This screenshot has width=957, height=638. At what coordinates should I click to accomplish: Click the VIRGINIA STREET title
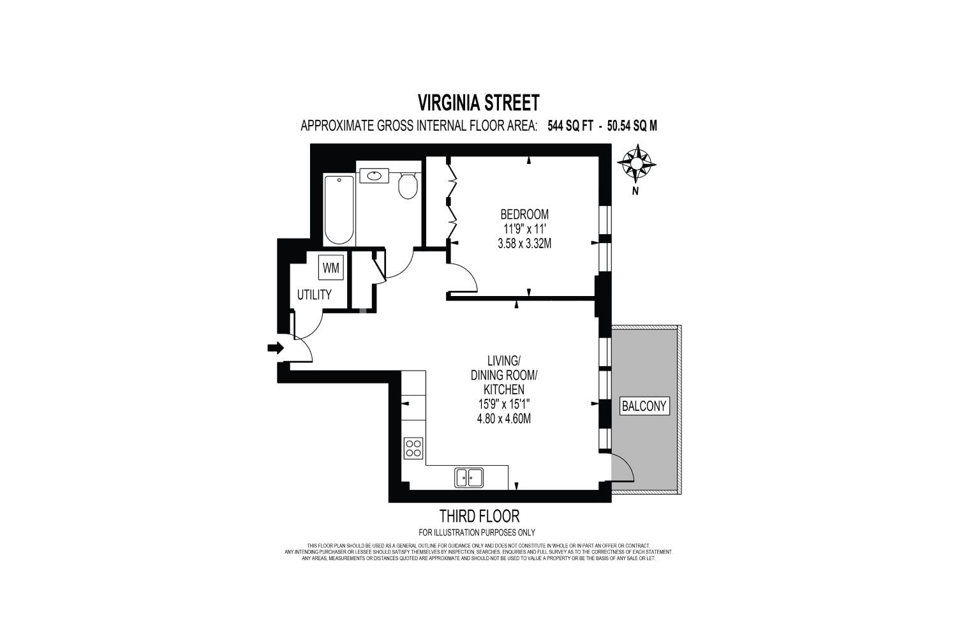click(x=478, y=103)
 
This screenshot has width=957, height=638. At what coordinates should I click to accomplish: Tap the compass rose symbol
click(x=637, y=163)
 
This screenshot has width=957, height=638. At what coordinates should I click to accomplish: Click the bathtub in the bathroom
click(x=339, y=209)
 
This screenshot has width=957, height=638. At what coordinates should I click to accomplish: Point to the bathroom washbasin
click(x=375, y=175)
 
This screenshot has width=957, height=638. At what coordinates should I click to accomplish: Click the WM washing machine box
click(x=331, y=267)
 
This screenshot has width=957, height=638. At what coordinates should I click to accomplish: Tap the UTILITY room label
click(x=315, y=294)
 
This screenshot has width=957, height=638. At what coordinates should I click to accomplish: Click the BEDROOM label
click(x=524, y=214)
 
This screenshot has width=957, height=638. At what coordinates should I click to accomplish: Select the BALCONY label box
click(x=644, y=406)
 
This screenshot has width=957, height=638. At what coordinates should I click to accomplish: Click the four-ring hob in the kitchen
click(x=413, y=449)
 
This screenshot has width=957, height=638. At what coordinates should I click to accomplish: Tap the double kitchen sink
click(x=469, y=477)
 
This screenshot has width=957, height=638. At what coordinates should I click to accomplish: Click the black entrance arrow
click(x=276, y=348)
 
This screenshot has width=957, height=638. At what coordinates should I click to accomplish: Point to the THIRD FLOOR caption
click(x=479, y=516)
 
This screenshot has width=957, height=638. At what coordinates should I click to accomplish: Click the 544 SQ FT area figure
click(x=570, y=126)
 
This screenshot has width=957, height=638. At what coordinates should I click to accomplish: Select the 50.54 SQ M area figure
click(x=632, y=126)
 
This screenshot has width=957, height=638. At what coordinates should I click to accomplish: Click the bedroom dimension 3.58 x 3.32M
click(x=524, y=244)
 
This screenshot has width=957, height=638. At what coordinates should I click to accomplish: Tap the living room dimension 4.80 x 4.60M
click(x=504, y=419)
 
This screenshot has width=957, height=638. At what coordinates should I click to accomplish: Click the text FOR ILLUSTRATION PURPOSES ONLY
click(x=477, y=533)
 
